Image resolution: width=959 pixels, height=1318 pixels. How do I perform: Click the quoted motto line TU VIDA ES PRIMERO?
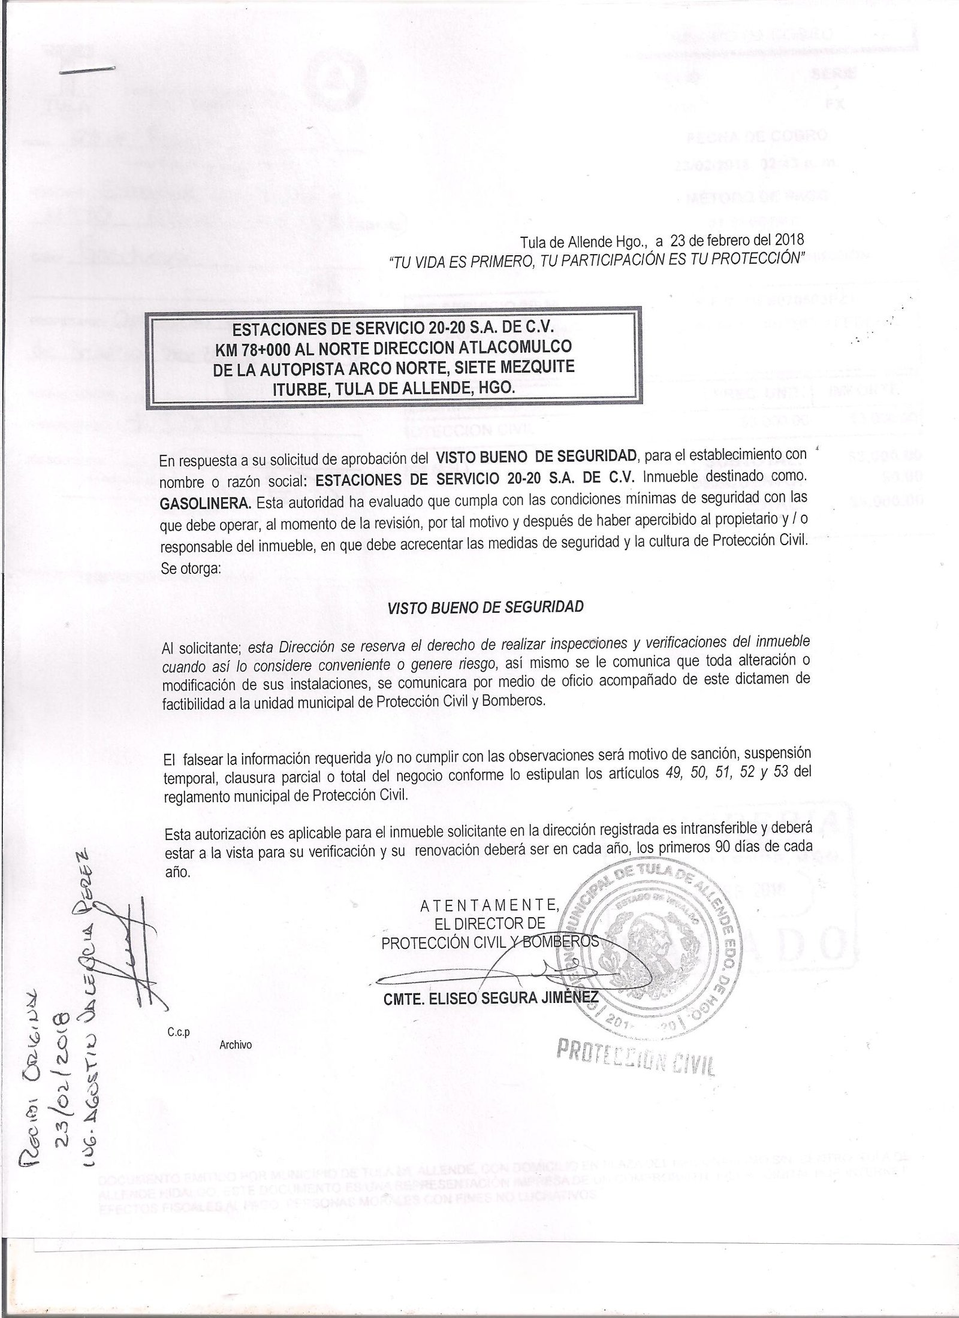tap(596, 259)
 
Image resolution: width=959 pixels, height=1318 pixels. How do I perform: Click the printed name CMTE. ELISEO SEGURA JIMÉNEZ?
tap(490, 997)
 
